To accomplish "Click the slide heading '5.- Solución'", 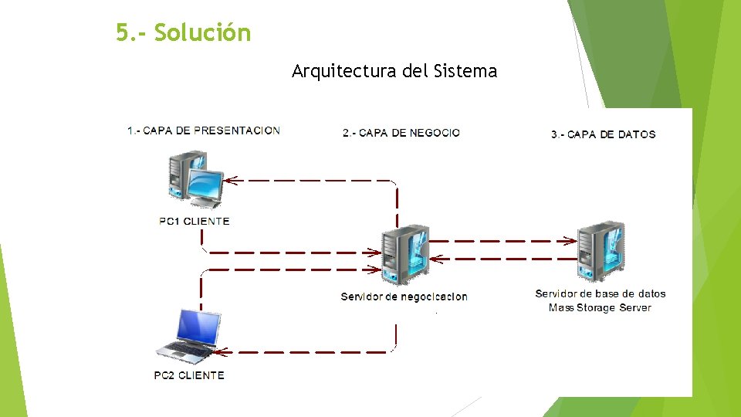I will pyautogui.click(x=184, y=33).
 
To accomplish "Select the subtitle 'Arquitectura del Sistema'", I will pyautogui.click(x=394, y=72).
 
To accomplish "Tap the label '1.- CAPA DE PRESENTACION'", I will pyautogui.click(x=204, y=131).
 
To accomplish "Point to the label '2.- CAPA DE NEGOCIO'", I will pyautogui.click(x=401, y=133).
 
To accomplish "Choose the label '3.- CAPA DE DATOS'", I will pyautogui.click(x=604, y=134).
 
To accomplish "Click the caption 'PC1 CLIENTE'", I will pyautogui.click(x=195, y=222).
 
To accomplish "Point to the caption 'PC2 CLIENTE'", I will pyautogui.click(x=189, y=376).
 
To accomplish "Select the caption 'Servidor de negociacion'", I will pyautogui.click(x=404, y=297).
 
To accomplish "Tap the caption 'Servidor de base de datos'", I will pyautogui.click(x=600, y=293).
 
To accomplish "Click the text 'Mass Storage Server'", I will pyautogui.click(x=600, y=308).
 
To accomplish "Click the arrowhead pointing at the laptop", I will pyautogui.click(x=219, y=352).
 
